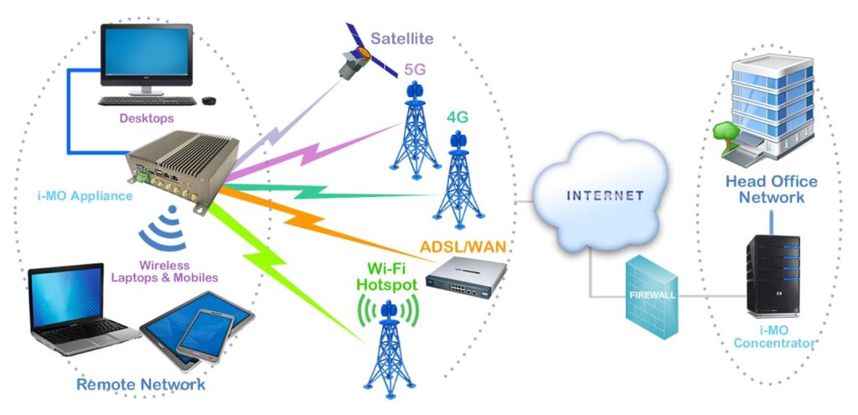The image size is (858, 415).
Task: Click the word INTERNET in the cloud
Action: tap(605, 195)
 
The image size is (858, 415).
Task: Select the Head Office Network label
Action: tap(771, 189)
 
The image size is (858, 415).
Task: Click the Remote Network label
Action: tap(140, 385)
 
